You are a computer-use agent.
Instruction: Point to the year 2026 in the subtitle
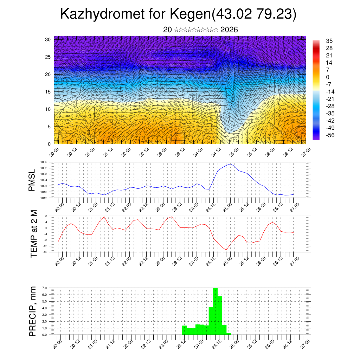tap(229, 30)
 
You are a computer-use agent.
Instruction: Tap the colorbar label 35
tap(329, 41)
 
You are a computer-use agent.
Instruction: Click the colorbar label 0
tap(328, 77)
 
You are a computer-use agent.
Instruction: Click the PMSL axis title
tap(32, 180)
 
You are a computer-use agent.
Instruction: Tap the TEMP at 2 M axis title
tap(34, 233)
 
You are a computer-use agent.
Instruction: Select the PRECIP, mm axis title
tap(33, 311)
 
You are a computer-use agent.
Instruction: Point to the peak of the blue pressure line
tap(230, 164)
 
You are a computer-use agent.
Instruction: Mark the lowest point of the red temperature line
tap(226, 250)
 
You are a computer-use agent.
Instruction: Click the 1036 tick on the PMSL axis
tap(44, 162)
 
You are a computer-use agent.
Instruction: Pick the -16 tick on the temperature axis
tap(45, 252)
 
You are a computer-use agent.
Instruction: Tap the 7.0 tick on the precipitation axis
tap(44, 288)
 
